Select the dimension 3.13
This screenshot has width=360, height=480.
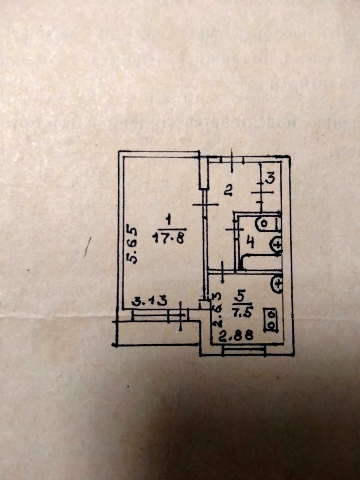[x=150, y=301]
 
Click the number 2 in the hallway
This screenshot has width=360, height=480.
[x=228, y=191]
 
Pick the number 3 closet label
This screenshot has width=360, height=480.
[x=270, y=177]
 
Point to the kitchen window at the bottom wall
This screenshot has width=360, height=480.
[x=244, y=351]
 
